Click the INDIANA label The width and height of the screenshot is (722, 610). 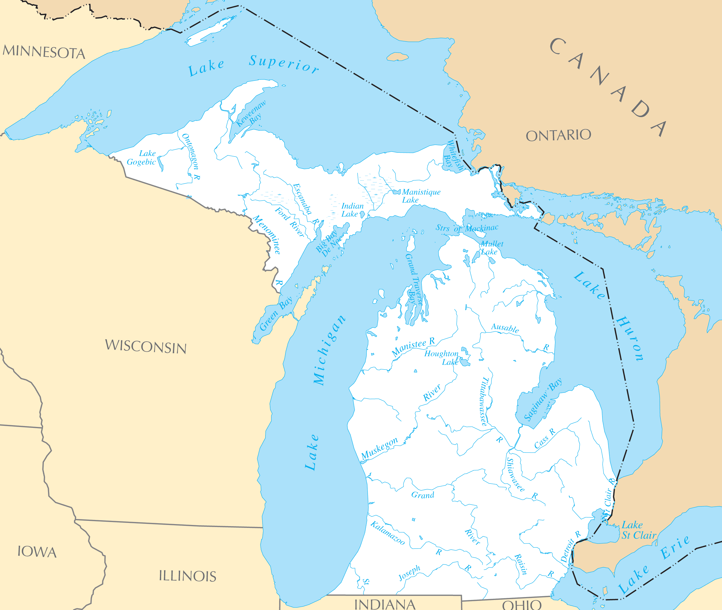pyautogui.click(x=384, y=604)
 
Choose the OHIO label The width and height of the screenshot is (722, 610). pyautogui.click(x=522, y=605)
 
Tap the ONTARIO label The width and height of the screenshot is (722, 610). pyautogui.click(x=558, y=135)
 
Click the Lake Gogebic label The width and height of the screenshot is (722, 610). pyautogui.click(x=142, y=158)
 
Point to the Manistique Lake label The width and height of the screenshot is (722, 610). pyautogui.click(x=421, y=196)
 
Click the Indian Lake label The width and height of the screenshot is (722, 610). pyautogui.click(x=352, y=210)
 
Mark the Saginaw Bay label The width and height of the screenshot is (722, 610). pyautogui.click(x=543, y=400)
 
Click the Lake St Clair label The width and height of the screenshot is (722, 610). pyautogui.click(x=639, y=530)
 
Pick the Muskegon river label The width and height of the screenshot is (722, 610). pyautogui.click(x=379, y=448)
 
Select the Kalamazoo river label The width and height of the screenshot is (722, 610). pyautogui.click(x=388, y=533)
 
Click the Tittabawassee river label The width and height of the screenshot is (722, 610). pyautogui.click(x=485, y=401)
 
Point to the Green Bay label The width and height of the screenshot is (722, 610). pyautogui.click(x=276, y=314)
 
